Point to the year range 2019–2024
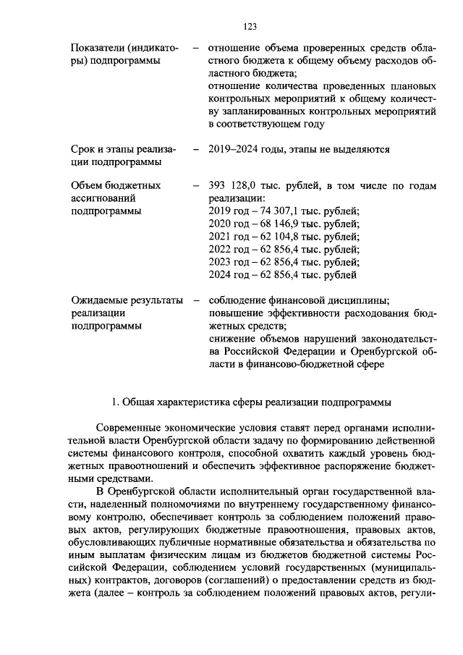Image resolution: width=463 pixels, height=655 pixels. (235, 149)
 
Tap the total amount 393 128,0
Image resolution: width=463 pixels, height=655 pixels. (232, 185)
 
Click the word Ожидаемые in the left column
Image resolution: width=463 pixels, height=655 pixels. (102, 300)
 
